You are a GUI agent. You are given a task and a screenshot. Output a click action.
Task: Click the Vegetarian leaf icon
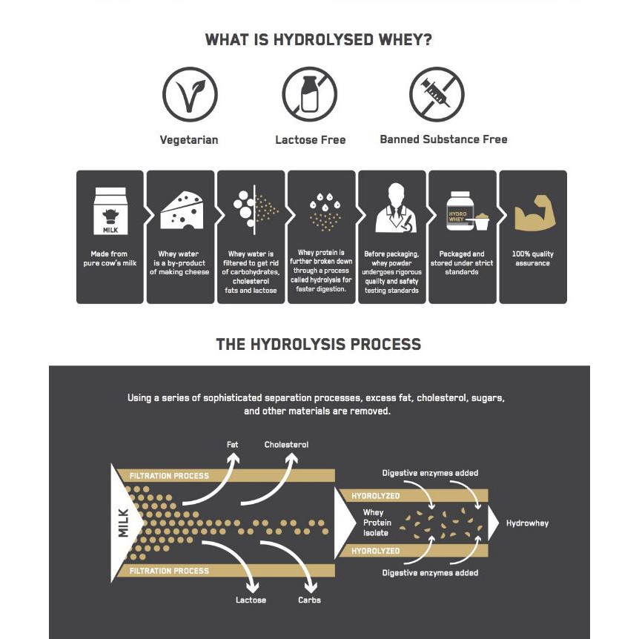point(190,95)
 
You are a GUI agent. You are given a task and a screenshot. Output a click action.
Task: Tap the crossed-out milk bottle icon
point(310,95)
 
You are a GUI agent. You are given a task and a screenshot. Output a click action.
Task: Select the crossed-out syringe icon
point(437,95)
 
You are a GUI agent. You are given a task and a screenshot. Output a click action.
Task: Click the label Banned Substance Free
point(443,139)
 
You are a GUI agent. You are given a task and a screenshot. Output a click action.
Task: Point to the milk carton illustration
point(110,211)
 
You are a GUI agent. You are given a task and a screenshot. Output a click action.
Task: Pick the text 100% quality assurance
point(533,259)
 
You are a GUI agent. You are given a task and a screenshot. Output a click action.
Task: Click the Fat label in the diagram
point(232,444)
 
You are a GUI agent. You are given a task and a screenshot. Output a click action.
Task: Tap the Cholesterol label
point(286,444)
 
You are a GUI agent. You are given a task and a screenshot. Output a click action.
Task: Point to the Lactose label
point(251,600)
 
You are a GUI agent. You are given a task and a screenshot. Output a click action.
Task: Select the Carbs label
point(309,600)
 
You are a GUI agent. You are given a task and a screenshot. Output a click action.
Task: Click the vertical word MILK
point(123,523)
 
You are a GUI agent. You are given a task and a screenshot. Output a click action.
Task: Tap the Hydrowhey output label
point(527,523)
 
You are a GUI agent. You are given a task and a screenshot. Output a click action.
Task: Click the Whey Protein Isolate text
point(377,523)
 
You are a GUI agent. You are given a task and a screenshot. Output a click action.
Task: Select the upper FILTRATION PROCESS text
point(169,476)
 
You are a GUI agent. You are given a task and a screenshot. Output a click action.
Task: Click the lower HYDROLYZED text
point(375,551)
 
